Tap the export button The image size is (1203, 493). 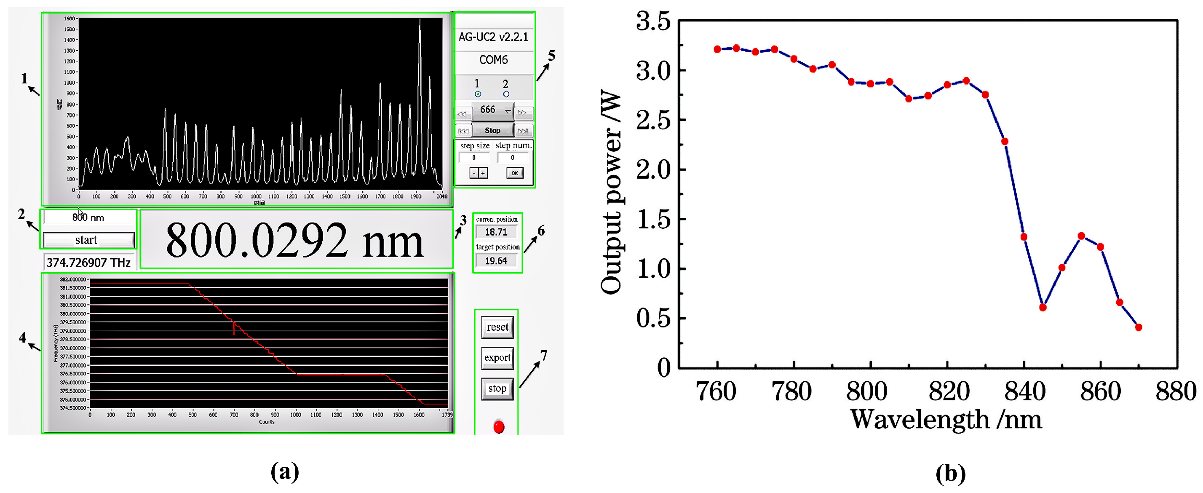pyautogui.click(x=497, y=358)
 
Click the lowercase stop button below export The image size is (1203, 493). pyautogui.click(x=497, y=389)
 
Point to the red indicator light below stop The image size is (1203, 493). pyautogui.click(x=499, y=427)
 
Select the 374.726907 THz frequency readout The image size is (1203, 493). pyautogui.click(x=89, y=263)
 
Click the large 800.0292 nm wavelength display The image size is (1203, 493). pyautogui.click(x=295, y=240)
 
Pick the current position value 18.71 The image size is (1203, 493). pyautogui.click(x=496, y=232)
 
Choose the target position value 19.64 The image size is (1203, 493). pyautogui.click(x=496, y=261)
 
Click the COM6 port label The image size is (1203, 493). pyautogui.click(x=494, y=60)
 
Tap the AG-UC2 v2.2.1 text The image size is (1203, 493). pyautogui.click(x=494, y=37)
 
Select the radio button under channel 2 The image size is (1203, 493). pyautogui.click(x=506, y=94)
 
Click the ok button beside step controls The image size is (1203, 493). pyautogui.click(x=515, y=173)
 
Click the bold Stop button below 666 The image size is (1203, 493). pyautogui.click(x=493, y=130)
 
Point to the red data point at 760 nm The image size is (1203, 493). pyautogui.click(x=717, y=49)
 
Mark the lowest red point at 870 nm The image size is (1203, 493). pyautogui.click(x=1139, y=327)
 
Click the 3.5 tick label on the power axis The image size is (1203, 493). pyautogui.click(x=653, y=22)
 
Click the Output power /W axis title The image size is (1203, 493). pyautogui.click(x=611, y=192)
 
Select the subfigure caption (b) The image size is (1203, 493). pyautogui.click(x=951, y=473)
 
